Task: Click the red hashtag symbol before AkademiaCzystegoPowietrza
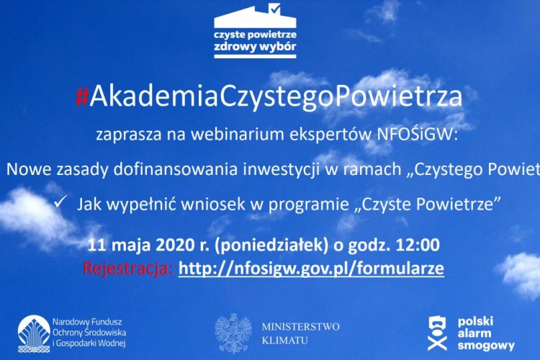[81, 96]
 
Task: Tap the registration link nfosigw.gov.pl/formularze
[311, 269]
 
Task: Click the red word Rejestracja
[128, 269]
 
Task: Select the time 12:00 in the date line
[417, 245]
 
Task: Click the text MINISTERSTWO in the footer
[300, 326]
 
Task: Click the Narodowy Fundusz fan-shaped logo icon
[34, 333]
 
